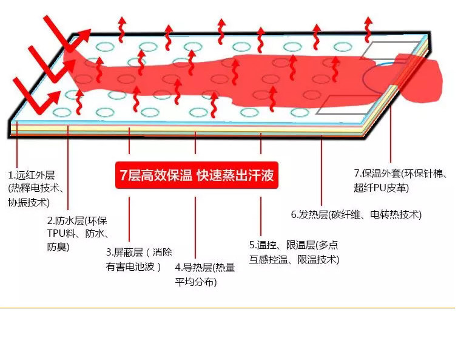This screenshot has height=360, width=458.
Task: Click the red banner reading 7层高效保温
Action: coord(197,175)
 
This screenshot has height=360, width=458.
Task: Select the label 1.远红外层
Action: coord(32,175)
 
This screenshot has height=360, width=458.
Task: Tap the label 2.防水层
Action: coord(66,220)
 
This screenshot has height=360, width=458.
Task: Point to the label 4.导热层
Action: coord(194,267)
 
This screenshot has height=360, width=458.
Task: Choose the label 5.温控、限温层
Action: coord(282,245)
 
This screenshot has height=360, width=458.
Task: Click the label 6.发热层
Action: coord(309,214)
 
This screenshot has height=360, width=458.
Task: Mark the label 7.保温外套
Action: coord(377,174)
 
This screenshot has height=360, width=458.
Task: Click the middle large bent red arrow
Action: coord(53,67)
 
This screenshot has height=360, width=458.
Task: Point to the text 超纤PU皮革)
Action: coord(381,188)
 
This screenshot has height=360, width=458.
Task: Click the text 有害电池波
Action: coord(130,267)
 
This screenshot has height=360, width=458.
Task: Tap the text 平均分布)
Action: coord(196,282)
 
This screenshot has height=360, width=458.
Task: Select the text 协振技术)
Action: coord(29,202)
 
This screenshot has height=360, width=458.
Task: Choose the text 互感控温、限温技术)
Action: coord(294,259)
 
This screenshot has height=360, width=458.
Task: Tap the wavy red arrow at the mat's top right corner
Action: coord(368,30)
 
